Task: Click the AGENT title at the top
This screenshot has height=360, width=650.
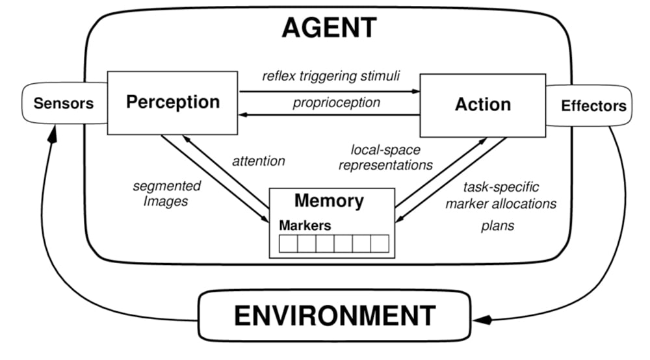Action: [x=329, y=27]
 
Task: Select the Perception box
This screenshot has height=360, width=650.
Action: [x=173, y=101]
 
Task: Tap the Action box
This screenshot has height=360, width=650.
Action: [x=483, y=104]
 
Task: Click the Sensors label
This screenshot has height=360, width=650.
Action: [x=64, y=103]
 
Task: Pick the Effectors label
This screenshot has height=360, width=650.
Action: [x=593, y=105]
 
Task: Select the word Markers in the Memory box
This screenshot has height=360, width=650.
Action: [x=305, y=225]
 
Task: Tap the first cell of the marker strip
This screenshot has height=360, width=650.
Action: [x=288, y=244]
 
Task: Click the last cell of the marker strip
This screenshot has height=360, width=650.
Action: [x=380, y=244]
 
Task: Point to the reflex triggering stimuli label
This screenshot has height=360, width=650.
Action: [x=331, y=75]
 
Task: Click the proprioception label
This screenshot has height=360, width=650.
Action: [x=336, y=102]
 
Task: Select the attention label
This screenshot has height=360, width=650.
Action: [x=259, y=160]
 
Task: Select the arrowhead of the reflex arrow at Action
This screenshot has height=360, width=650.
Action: [x=416, y=92]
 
